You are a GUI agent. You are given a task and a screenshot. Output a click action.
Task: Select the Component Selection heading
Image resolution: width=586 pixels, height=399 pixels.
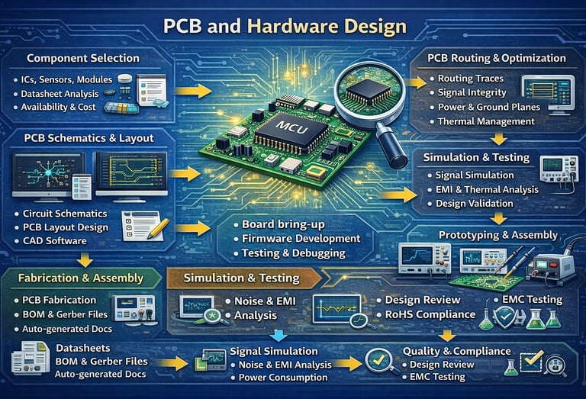(82, 58)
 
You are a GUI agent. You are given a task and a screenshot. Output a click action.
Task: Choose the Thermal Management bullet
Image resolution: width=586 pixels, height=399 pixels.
(486, 121)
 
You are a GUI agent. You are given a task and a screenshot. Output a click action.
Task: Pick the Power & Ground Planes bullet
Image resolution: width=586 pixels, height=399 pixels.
(488, 107)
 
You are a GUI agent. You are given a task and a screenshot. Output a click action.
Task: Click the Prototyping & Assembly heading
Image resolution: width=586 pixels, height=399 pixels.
(494, 234)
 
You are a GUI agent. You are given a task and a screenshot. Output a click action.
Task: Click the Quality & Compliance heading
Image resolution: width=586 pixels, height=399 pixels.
(456, 351)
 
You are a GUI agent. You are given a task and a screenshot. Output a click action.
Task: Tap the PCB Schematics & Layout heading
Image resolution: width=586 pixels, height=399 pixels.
(89, 138)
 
